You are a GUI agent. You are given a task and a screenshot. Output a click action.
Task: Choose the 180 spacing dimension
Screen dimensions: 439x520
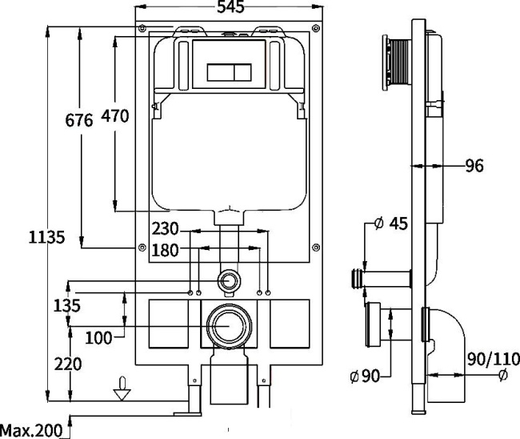165,250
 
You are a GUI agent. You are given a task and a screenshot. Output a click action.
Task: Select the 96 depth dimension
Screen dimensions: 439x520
474,167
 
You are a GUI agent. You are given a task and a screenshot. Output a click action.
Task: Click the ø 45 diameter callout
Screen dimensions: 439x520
391,224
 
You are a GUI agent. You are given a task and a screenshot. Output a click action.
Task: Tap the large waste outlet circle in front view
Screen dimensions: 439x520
230,327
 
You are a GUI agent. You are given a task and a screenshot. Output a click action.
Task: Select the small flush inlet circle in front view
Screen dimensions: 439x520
230,280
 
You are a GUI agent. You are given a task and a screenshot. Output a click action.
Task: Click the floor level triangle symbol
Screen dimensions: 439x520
122,392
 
